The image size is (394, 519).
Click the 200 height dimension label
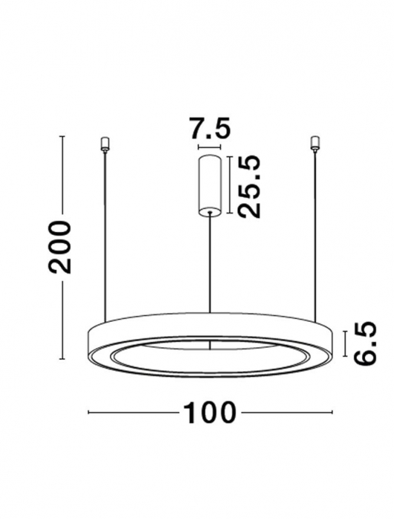(x=62, y=247)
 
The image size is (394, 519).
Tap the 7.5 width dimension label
(x=209, y=129)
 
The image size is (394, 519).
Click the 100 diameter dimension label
(x=209, y=411)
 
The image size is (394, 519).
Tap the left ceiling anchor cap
(x=104, y=142)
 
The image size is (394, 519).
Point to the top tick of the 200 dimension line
(x=62, y=136)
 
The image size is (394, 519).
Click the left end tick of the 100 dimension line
(x=89, y=411)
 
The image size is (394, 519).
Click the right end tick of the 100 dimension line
(x=331, y=411)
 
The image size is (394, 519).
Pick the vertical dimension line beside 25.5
(x=232, y=186)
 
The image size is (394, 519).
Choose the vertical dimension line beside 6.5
(x=346, y=343)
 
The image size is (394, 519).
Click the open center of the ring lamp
(x=211, y=359)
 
